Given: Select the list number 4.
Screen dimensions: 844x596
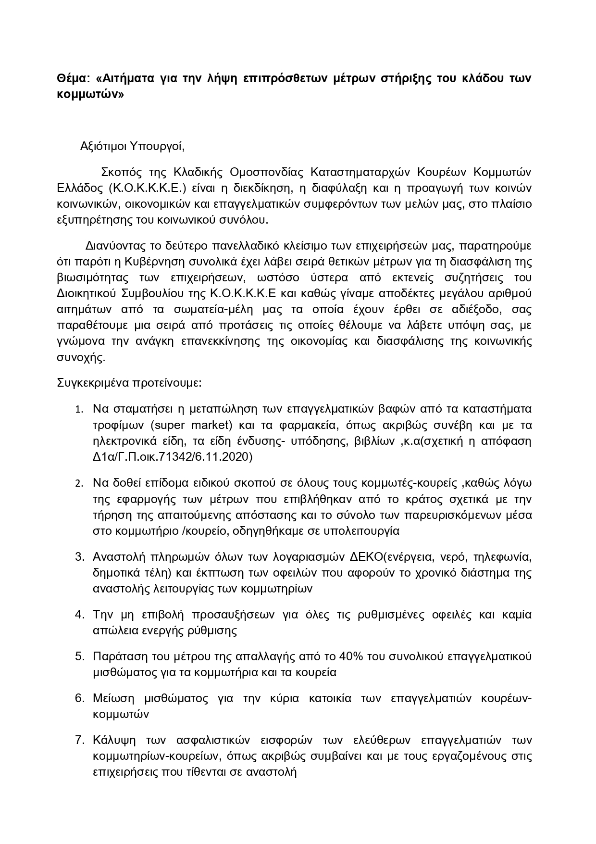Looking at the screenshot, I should [x=79, y=615].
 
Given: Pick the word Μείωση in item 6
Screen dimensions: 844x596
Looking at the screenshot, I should [x=112, y=698].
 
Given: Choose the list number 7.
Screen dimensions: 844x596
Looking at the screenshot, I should [x=79, y=740].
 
